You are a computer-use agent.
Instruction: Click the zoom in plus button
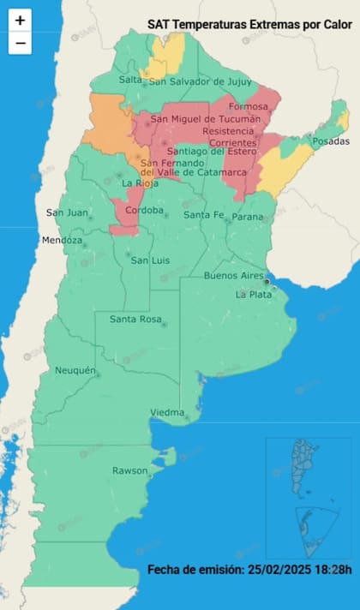(20, 20)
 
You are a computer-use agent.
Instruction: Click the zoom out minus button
(20, 42)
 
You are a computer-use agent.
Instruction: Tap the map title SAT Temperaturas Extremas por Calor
(249, 27)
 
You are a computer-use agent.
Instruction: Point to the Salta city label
(130, 80)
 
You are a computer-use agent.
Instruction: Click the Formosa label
(249, 106)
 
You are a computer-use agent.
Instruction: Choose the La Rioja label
(140, 182)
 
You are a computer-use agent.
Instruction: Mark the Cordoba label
(144, 210)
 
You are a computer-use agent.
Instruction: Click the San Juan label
(66, 213)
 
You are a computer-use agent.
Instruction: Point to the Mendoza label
(63, 241)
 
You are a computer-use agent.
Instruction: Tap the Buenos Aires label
(233, 275)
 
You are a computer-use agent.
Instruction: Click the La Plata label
(254, 294)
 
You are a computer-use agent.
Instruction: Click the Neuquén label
(74, 370)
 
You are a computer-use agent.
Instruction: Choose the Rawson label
(130, 470)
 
